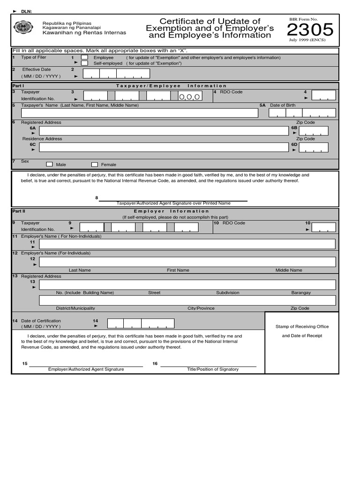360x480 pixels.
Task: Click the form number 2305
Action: point(310,30)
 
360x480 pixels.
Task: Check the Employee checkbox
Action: point(84,58)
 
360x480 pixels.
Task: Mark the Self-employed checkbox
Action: point(84,63)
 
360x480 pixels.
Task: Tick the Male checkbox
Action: point(49,165)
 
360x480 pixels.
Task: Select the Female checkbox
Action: point(94,165)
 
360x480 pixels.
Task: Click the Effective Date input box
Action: point(116,74)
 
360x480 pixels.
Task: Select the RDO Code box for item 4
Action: point(323,95)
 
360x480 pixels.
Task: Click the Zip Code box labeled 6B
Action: point(314,131)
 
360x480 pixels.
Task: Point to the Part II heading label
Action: point(18,211)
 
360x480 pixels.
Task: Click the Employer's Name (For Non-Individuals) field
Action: point(187,244)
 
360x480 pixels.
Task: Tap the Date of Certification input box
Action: point(141,323)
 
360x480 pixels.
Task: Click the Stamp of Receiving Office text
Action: point(302,327)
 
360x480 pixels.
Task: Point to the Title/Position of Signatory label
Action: point(212,369)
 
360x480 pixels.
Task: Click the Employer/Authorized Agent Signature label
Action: point(86,369)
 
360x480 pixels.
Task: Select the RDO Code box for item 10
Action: point(324,227)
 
